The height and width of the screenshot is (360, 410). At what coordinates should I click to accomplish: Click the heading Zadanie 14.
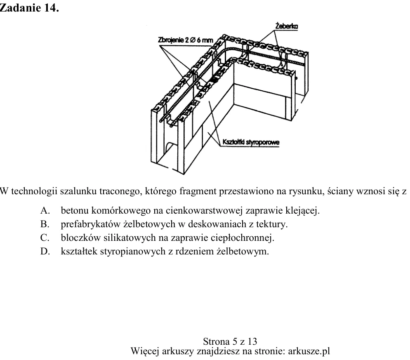tap(29, 8)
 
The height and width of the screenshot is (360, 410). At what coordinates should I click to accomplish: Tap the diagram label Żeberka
tap(286, 26)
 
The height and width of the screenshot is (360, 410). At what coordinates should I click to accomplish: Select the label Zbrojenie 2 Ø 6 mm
tap(186, 40)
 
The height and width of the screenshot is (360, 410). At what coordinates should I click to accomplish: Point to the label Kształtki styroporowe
tap(251, 142)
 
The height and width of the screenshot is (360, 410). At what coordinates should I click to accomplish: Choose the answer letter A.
tap(45, 210)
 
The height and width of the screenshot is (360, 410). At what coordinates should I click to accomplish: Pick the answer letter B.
tap(45, 224)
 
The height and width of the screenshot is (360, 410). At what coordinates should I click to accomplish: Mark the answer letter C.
tap(45, 238)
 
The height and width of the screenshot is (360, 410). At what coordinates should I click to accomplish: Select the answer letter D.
tap(45, 251)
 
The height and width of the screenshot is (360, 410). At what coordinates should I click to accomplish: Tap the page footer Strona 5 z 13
tap(230, 341)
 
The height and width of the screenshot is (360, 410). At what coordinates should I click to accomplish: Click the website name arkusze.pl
tap(309, 351)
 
